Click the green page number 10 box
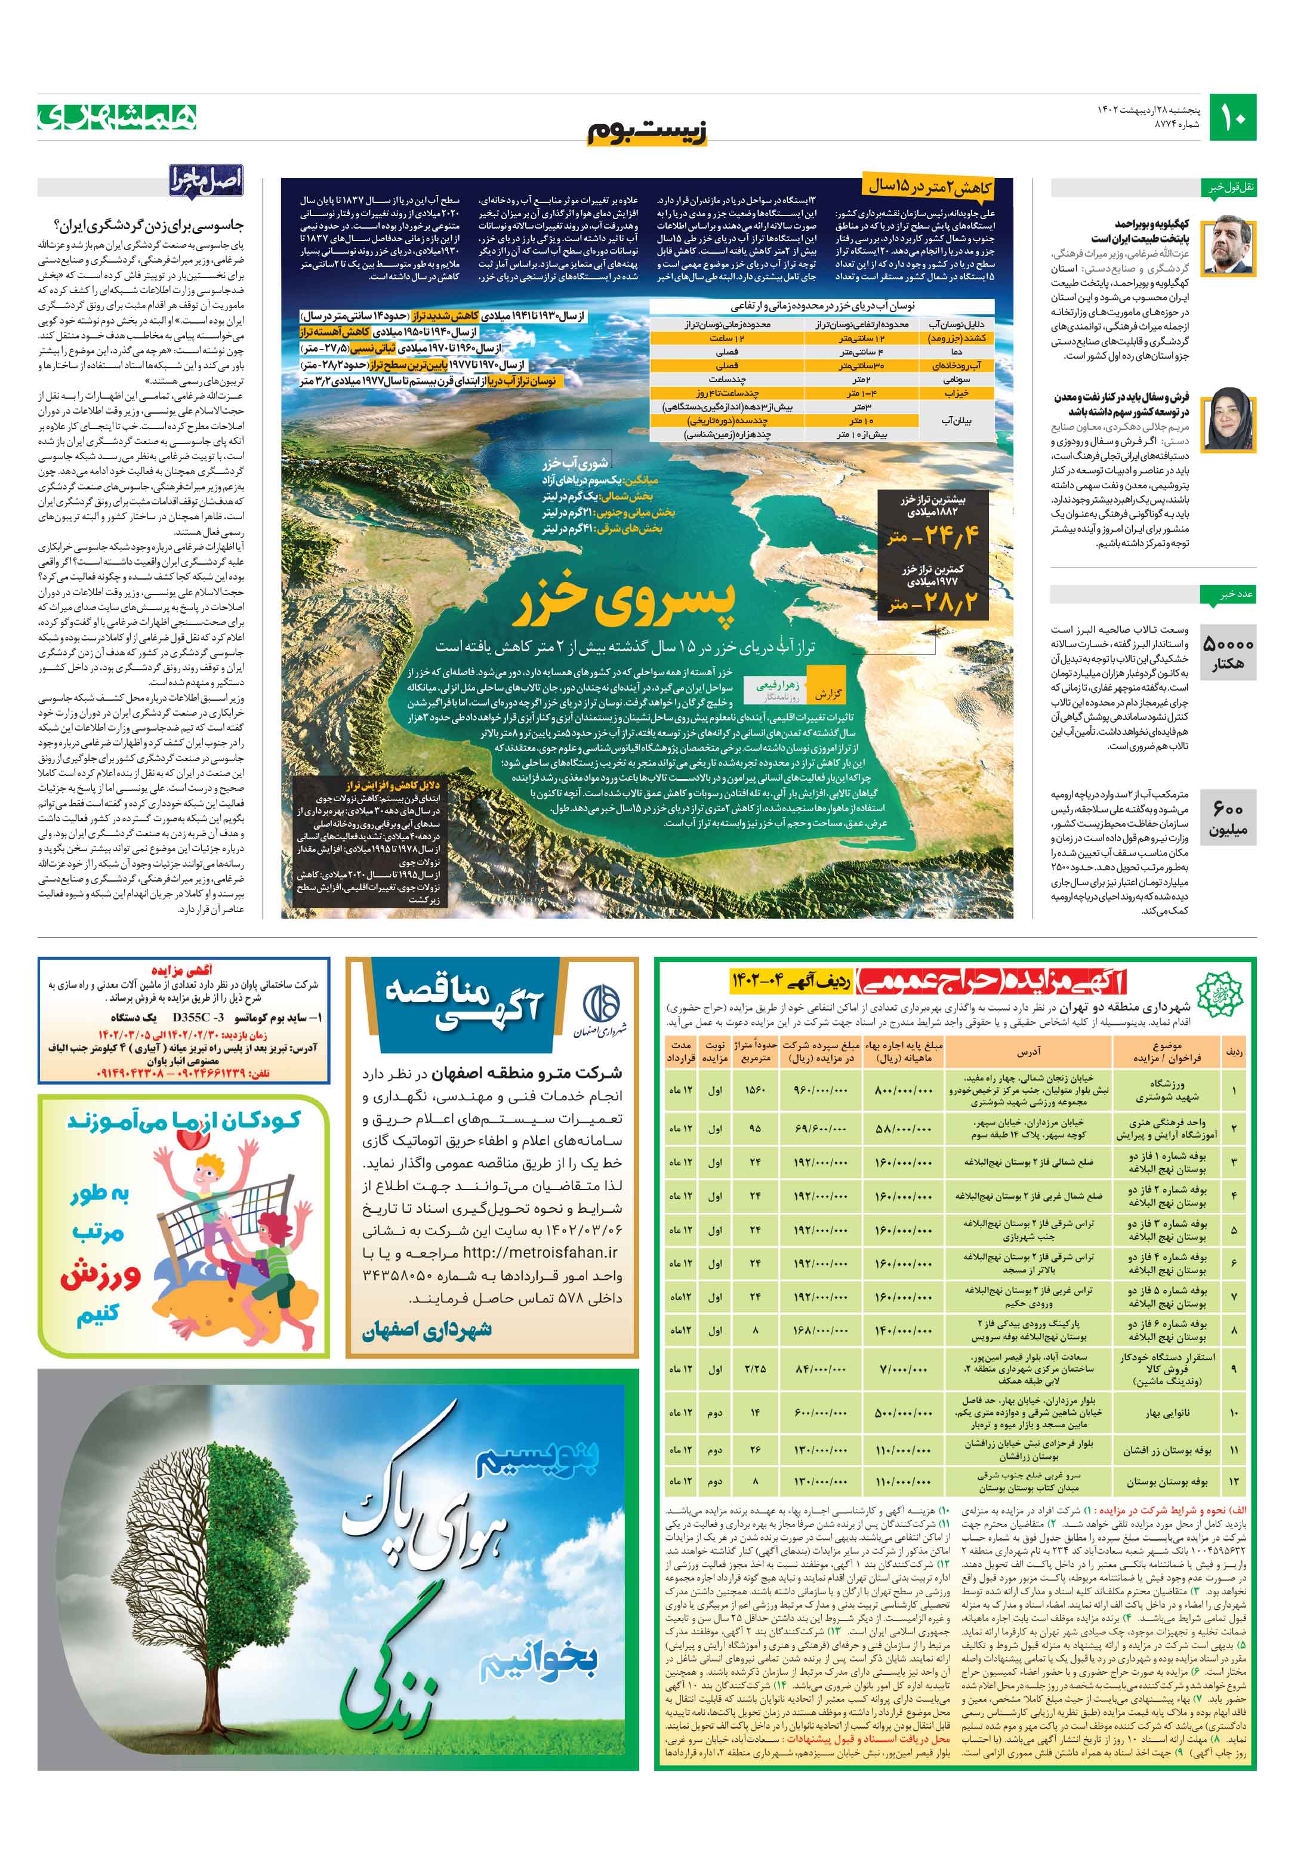pos(1232,118)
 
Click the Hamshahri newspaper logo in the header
pos(117,117)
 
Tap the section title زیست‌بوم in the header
pos(647,131)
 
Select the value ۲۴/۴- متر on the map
pos(932,536)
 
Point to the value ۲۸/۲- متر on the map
pos(932,604)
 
